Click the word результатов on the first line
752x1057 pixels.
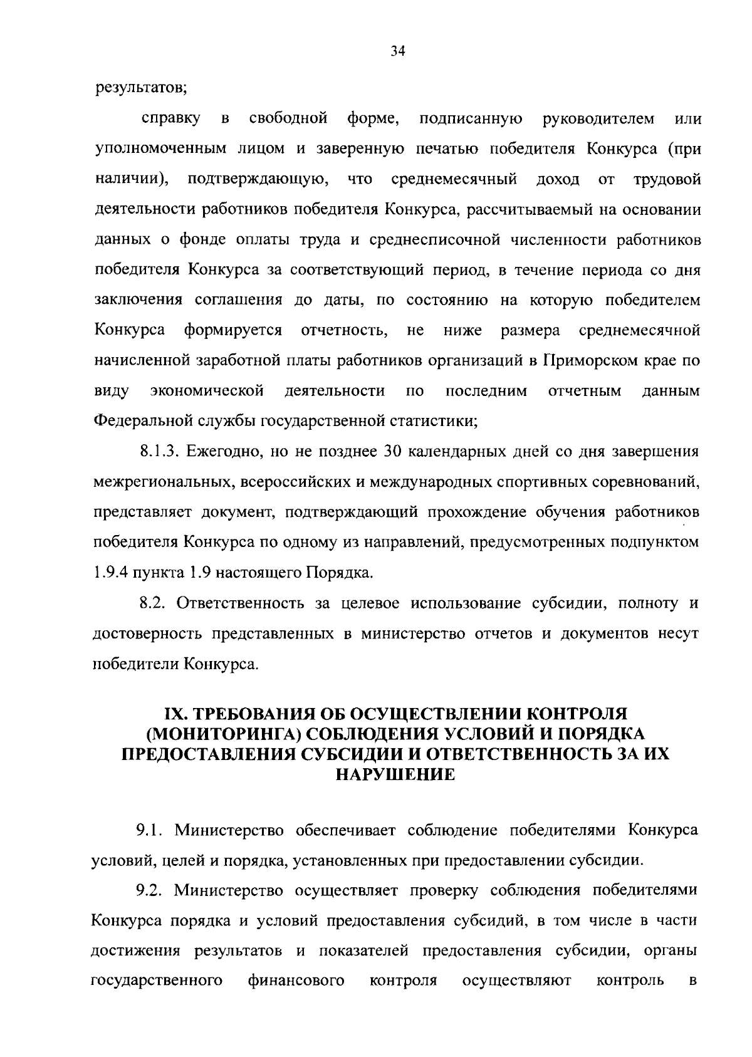click(141, 88)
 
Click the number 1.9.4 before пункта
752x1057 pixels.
click(108, 573)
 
